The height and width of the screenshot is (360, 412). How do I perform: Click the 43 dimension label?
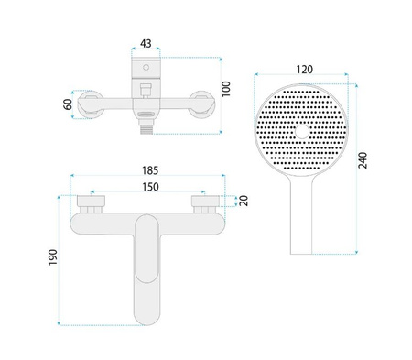pos(146,44)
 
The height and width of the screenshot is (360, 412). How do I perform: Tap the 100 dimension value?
pos(226,89)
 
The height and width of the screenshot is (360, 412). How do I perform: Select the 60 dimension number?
pos(68,104)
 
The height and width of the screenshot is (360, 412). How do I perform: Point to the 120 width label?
pos(305,70)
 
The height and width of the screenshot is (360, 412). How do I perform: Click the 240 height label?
pos(363,160)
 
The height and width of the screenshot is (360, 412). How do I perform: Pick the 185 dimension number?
pos(150,170)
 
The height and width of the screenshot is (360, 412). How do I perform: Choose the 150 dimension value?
pos(151,187)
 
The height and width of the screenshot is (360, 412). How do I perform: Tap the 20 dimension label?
pos(244,201)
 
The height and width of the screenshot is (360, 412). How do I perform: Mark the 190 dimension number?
pos(53,257)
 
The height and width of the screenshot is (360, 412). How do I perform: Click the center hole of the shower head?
pos(302,132)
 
